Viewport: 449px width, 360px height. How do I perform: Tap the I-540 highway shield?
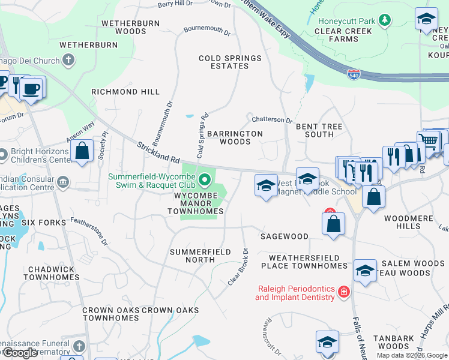coord(355,74)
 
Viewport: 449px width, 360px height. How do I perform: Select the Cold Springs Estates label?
coord(231,62)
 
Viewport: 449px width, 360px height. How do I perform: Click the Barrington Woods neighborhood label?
coord(235,137)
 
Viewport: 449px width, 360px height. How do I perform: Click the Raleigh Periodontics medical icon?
coord(344,292)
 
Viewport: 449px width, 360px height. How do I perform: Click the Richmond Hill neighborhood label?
coord(125,92)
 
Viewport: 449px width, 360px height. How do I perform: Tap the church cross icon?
coord(69,60)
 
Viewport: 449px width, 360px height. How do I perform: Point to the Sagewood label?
coord(285,237)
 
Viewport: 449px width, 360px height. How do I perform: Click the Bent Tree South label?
coord(319,130)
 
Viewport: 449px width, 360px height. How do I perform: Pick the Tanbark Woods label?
coord(394,342)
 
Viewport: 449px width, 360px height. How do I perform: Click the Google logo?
coord(20,353)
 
